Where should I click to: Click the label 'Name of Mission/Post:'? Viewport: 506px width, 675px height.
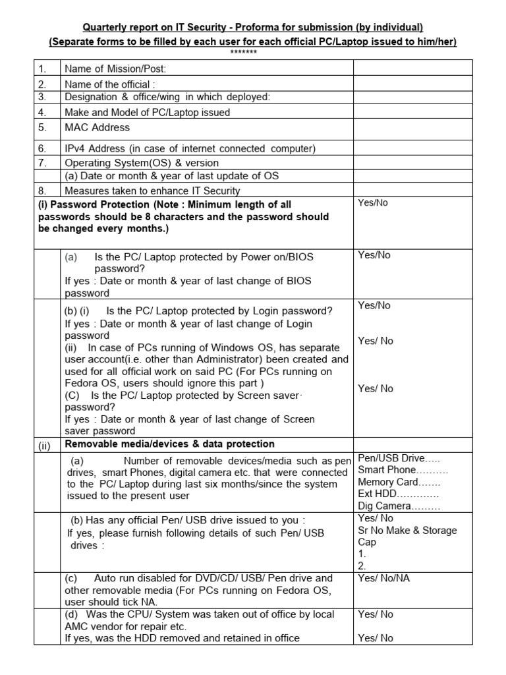[x=115, y=68]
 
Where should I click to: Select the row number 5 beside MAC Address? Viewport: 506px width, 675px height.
[x=42, y=127]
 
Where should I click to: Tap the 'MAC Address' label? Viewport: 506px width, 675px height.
[x=97, y=127]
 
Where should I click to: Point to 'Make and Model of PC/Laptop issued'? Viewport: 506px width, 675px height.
[x=147, y=112]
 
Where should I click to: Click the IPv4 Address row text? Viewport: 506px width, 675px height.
[x=190, y=148]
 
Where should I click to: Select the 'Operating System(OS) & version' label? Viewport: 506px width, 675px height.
[x=142, y=162]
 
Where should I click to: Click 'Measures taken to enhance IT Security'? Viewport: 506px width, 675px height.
[x=152, y=190]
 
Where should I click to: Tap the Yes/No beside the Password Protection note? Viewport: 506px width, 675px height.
[x=373, y=203]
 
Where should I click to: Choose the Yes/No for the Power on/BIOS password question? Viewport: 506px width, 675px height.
[x=374, y=255]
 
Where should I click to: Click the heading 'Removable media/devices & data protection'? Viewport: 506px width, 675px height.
[x=169, y=444]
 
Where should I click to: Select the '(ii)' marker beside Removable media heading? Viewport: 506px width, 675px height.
[x=43, y=445]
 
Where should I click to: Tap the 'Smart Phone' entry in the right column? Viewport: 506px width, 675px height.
[x=403, y=470]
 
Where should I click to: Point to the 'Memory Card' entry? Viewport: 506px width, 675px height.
[x=399, y=482]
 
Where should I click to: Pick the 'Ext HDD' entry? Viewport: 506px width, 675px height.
[x=398, y=494]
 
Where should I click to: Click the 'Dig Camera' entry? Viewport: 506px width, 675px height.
[x=399, y=506]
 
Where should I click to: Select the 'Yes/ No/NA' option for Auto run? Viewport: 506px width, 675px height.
[x=385, y=578]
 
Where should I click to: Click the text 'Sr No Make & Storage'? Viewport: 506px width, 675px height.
[x=407, y=530]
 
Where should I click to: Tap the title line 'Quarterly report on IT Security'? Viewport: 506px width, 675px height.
[x=253, y=28]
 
